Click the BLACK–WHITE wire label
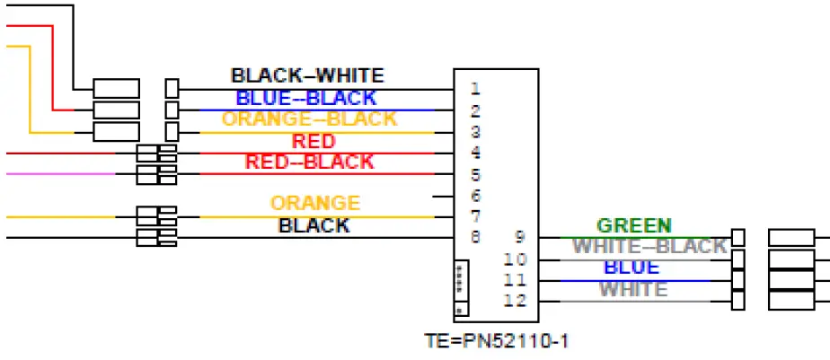point(306,76)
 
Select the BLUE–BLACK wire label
point(305,98)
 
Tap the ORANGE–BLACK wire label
point(309,119)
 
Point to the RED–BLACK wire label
point(309,162)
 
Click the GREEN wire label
point(633,225)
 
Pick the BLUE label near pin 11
point(631,268)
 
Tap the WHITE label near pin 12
point(633,289)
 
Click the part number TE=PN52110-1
point(496,341)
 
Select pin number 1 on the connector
point(474,89)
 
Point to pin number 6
point(475,196)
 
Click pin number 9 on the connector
point(519,238)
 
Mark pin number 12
point(515,301)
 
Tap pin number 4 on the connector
point(474,153)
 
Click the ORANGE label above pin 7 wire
point(315,204)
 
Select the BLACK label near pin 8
point(313,225)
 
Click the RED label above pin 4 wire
point(313,141)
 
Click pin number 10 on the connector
point(515,259)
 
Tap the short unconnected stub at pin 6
point(443,196)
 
